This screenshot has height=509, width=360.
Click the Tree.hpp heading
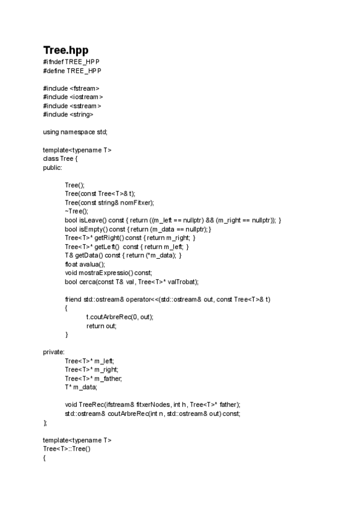click(x=66, y=50)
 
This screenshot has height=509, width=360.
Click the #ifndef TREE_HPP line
click(x=72, y=62)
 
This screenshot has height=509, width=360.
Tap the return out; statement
click(x=101, y=325)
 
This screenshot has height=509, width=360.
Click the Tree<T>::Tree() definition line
click(x=66, y=448)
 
